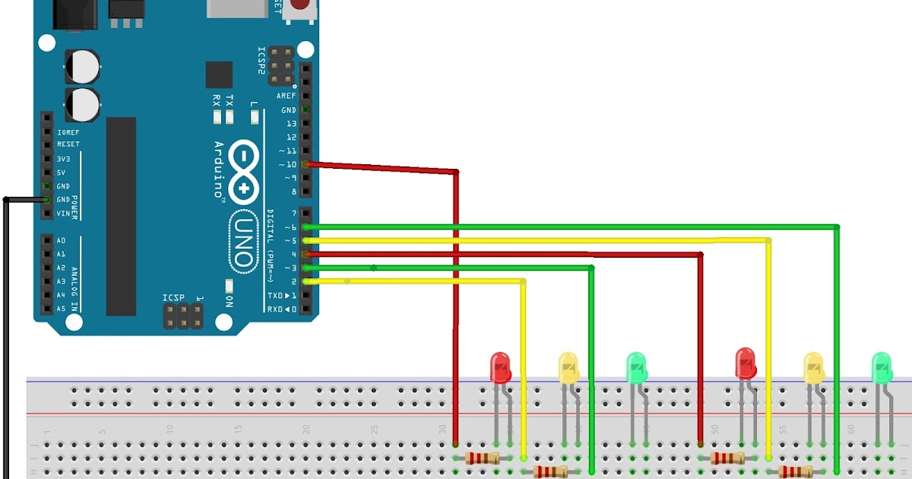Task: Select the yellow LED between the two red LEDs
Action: click(x=568, y=367)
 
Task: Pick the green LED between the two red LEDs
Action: click(x=636, y=367)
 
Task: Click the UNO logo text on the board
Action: click(x=242, y=239)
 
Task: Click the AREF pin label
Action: click(x=287, y=97)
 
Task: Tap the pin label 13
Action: click(x=291, y=123)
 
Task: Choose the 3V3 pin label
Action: click(x=64, y=159)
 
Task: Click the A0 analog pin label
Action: click(x=62, y=241)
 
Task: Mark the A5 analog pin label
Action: click(x=62, y=309)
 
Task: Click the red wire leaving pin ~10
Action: click(x=380, y=167)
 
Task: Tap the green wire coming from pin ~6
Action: click(x=570, y=227)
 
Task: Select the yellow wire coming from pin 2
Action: click(x=418, y=281)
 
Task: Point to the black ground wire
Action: click(x=6, y=342)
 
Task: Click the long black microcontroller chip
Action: click(x=121, y=216)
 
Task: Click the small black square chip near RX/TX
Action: click(x=219, y=75)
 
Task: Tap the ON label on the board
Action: click(x=229, y=300)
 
